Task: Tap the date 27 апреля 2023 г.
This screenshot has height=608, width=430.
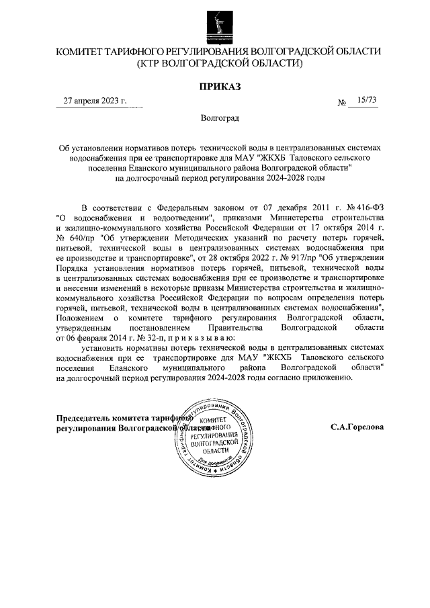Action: pyautogui.click(x=95, y=101)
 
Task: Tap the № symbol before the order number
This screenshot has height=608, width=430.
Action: pyautogui.click(x=342, y=103)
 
